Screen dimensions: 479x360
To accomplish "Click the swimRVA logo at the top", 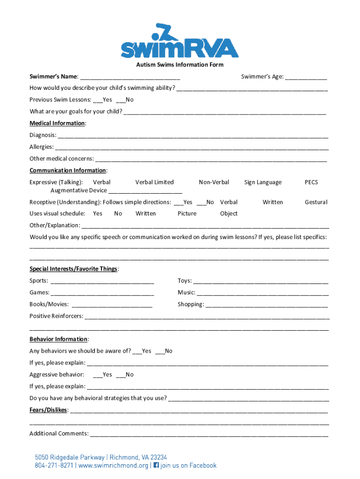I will (180, 41).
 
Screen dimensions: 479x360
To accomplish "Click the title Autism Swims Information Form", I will (180, 65).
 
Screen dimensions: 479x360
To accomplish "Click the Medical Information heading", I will (57, 123).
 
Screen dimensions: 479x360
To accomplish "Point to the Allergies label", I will (41, 147).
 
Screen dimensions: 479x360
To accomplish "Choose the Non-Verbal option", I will (214, 182).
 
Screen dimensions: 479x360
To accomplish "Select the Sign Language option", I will (263, 182).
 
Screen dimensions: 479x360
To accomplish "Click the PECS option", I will (311, 182).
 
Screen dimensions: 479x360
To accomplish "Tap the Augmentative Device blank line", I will (145, 191).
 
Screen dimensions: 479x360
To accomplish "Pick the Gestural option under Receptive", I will (316, 203).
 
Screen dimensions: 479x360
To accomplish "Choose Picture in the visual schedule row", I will (187, 214).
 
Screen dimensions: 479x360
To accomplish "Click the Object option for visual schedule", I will (229, 214).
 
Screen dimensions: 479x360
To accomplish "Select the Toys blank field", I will (260, 281).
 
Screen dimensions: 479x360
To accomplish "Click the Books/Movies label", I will (49, 305).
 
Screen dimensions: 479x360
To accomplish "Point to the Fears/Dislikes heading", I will (49, 410).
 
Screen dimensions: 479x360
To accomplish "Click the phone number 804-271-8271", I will (54, 466).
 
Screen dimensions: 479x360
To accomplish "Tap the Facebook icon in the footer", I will (156, 465).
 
